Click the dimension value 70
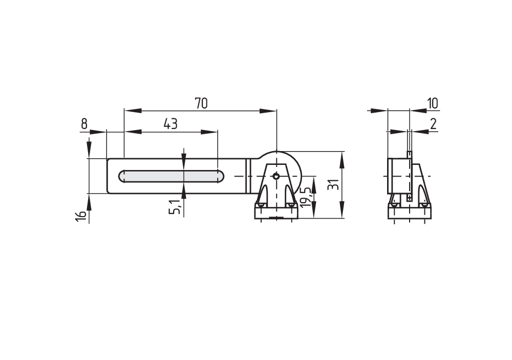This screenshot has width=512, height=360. (201, 103)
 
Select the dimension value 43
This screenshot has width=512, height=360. (170, 124)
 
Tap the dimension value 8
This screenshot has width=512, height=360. (84, 124)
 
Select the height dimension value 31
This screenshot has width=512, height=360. (333, 185)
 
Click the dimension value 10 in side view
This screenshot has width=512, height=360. (433, 103)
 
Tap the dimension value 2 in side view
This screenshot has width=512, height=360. (433, 124)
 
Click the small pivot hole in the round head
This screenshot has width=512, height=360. (276, 176)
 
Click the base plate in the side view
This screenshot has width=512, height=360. (410, 211)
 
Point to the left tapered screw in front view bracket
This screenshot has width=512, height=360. (262, 196)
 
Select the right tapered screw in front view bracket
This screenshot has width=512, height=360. (290, 196)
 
